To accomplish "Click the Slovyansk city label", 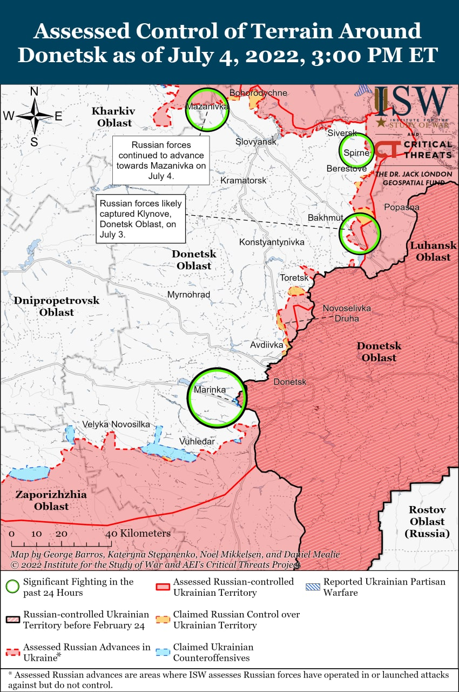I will (x=256, y=142).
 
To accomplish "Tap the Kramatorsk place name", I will (x=244, y=180).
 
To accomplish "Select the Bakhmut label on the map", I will (x=326, y=217).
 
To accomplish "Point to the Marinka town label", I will (x=210, y=390).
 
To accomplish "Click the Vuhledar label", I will (x=197, y=442).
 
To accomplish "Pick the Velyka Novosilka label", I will (x=116, y=424).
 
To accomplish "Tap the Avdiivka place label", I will (x=267, y=344).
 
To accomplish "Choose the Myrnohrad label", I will (x=188, y=295).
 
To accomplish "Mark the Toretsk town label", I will (x=294, y=278).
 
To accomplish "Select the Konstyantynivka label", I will (x=272, y=242).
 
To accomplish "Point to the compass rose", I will (x=34, y=116).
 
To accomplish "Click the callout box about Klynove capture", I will (x=140, y=219).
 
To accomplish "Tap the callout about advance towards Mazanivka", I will (x=161, y=161).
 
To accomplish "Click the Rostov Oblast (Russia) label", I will (x=427, y=522).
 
